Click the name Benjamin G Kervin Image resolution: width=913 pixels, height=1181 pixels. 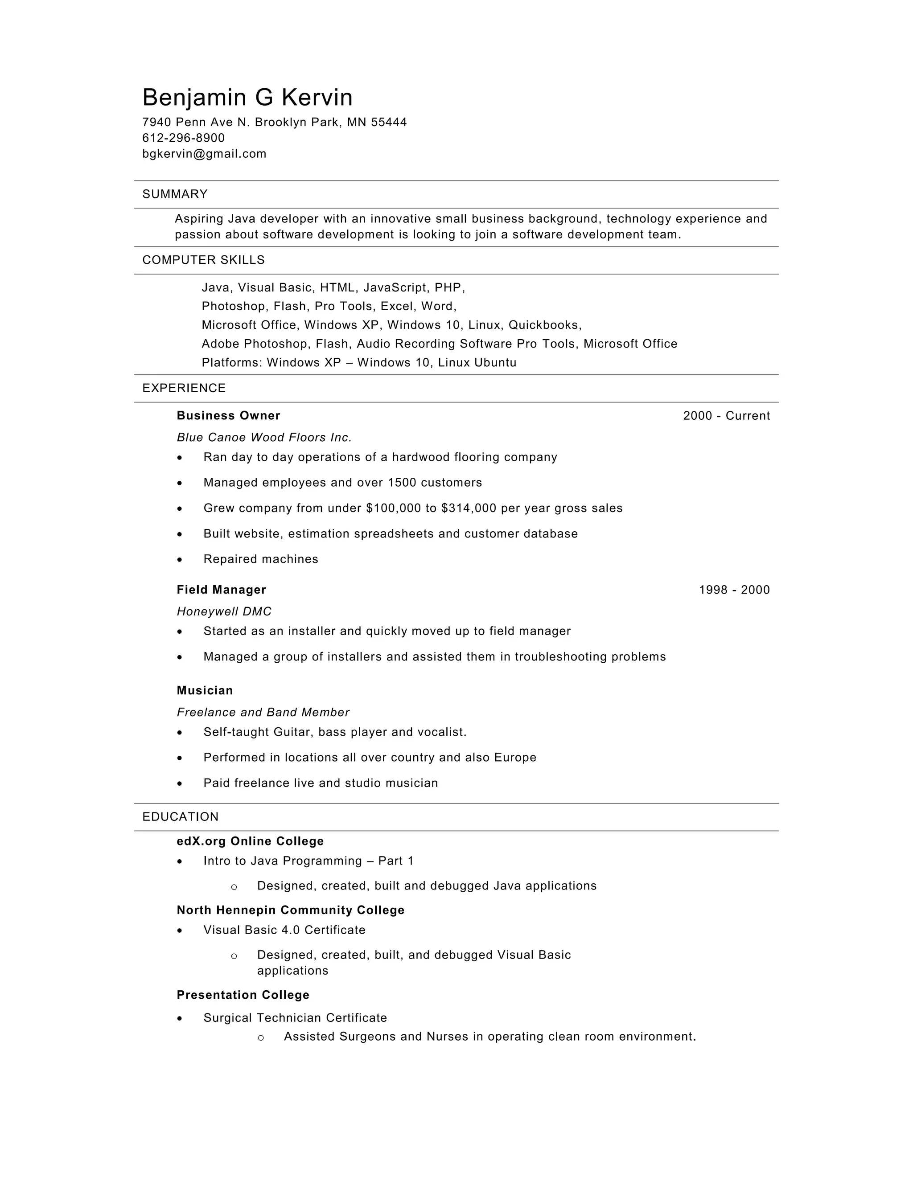click(x=247, y=98)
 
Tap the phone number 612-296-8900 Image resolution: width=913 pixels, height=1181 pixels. click(x=183, y=138)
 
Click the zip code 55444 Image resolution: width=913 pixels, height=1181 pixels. click(x=388, y=122)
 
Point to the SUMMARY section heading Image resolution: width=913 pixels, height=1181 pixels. click(x=175, y=194)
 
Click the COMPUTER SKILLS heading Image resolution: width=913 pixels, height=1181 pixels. click(x=203, y=260)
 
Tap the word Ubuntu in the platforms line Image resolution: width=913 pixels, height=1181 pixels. click(x=495, y=362)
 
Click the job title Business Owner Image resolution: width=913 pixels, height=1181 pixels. click(x=228, y=415)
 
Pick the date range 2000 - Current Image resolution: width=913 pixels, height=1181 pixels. click(x=726, y=415)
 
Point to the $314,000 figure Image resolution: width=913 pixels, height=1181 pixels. click(x=469, y=508)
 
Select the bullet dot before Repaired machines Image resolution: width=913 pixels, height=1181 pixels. click(x=180, y=560)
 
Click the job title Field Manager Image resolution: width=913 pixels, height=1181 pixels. click(x=221, y=590)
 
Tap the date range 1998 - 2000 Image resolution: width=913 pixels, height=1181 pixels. click(x=734, y=590)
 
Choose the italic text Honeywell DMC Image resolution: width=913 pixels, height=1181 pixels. click(x=224, y=611)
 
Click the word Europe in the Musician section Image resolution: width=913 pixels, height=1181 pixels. click(x=515, y=757)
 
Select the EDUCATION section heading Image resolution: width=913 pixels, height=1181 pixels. click(x=180, y=816)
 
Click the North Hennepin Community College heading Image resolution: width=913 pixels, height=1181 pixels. click(x=291, y=910)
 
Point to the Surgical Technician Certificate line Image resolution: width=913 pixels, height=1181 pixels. click(x=295, y=1018)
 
